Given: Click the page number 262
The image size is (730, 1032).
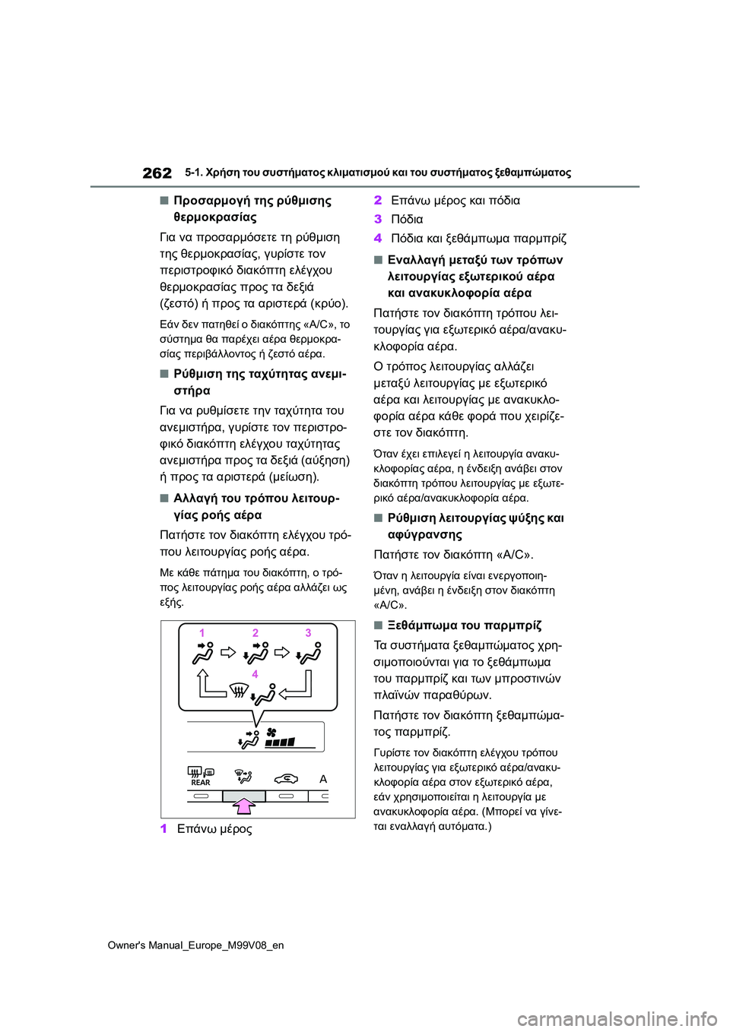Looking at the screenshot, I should tap(157, 173).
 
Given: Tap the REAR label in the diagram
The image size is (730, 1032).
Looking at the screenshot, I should tap(201, 783).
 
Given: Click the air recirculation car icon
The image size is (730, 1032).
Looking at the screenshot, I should tap(287, 777).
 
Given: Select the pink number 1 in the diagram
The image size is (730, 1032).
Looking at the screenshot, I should tap(202, 632).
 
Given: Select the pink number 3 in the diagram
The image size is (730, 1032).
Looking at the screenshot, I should tap(308, 632).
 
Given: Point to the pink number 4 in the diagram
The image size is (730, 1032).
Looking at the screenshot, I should tap(255, 674).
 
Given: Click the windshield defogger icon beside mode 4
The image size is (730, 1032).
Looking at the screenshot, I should tap(239, 690).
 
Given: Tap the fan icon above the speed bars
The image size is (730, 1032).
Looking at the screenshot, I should tap(271, 732).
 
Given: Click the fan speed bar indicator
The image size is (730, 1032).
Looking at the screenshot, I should tap(281, 742).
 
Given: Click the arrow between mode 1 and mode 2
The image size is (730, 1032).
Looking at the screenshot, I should tap(228, 652).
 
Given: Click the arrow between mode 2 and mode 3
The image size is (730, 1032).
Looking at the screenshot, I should tap(282, 652).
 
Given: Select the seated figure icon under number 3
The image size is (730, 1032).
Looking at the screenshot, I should tap(309, 654).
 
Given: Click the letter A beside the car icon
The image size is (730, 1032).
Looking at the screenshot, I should tap(323, 779).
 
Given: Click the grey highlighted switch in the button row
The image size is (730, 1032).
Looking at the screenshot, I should tap(243, 796).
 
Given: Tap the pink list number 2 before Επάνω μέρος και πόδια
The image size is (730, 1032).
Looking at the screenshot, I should tap(378, 201).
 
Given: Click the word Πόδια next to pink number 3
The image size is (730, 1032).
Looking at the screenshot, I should tap(407, 220).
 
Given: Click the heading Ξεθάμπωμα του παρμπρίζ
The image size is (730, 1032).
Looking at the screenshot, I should tap(464, 625).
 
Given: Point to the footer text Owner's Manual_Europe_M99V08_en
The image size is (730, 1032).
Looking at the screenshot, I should tap(195, 945).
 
